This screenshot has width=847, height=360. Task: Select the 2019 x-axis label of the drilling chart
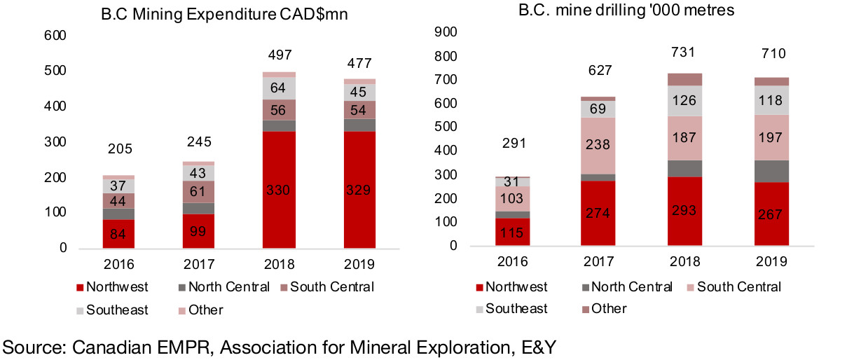coord(771,261)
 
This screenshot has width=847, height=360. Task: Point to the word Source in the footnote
coord(27,345)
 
